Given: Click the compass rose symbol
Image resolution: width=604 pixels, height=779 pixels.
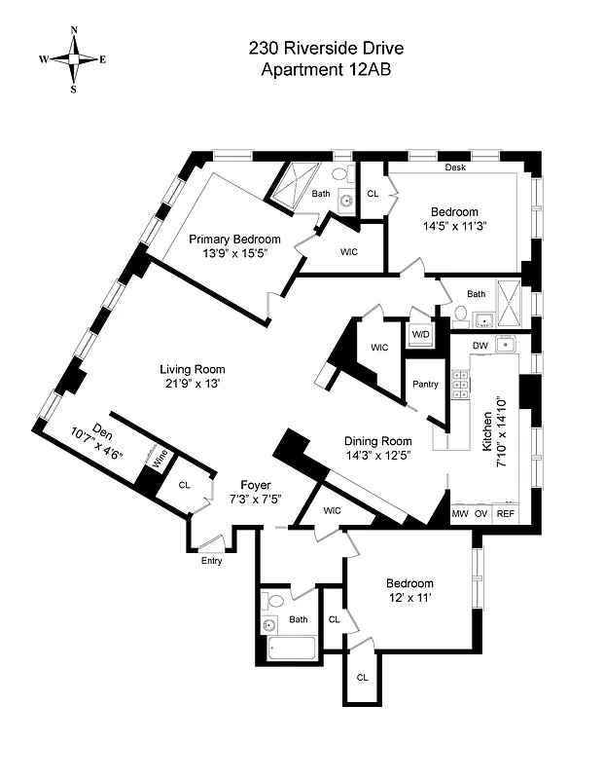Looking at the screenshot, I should [73, 58].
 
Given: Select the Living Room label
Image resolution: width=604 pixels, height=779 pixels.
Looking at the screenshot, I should [193, 369].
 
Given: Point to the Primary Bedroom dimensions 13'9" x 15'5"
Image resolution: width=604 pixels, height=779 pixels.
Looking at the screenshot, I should [234, 253].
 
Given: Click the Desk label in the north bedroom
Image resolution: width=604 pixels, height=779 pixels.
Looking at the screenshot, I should [455, 167].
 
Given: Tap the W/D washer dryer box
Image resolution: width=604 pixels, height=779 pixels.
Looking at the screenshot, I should [421, 334].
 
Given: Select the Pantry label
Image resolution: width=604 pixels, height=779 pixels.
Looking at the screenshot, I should [425, 384].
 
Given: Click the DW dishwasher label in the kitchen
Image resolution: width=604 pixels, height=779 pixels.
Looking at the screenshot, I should [480, 345].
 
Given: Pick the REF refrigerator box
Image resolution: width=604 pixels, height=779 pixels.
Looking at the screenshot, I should [506, 513].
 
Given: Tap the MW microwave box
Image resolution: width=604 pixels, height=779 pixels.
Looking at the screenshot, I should [459, 513].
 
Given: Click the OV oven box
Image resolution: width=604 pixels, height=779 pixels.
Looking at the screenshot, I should [481, 513].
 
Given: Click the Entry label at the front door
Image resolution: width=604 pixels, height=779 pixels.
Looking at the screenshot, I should [212, 561].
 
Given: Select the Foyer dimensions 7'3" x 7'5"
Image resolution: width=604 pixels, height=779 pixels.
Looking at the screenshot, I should [256, 500].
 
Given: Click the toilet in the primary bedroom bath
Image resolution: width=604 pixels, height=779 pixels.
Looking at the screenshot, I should [339, 175].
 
